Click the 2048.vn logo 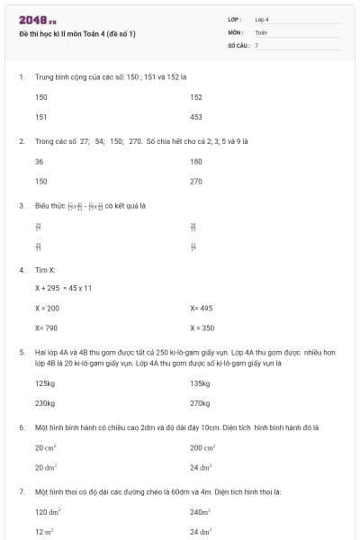(x=38, y=20)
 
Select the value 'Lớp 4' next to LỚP (x=262, y=19)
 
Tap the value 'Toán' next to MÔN (x=261, y=31)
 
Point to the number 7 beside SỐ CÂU (x=256, y=44)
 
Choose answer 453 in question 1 (x=196, y=117)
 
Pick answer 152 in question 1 (x=196, y=97)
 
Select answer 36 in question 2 (x=40, y=161)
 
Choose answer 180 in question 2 (x=196, y=161)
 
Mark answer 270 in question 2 (x=196, y=181)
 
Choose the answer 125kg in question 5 (x=45, y=383)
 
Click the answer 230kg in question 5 (x=45, y=403)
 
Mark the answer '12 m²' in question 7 (x=45, y=531)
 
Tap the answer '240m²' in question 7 (x=200, y=511)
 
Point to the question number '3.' (x=22, y=205)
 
